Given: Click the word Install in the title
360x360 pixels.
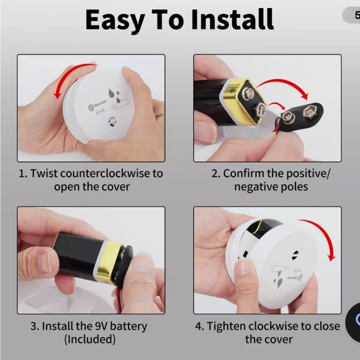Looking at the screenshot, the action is tap(232, 19).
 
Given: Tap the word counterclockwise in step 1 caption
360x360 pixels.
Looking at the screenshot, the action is tap(105, 173).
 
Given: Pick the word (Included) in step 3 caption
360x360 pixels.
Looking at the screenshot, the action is tap(90, 340).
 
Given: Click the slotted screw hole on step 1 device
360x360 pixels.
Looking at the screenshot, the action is tap(112, 122).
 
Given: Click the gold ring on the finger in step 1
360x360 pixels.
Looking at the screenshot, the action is tap(160, 116).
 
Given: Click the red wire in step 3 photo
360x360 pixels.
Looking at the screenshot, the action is tap(119, 301).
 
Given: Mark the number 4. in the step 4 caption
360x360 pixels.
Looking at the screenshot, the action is tap(199, 326).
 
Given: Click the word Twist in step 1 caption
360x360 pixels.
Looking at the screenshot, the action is tap(44, 173).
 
